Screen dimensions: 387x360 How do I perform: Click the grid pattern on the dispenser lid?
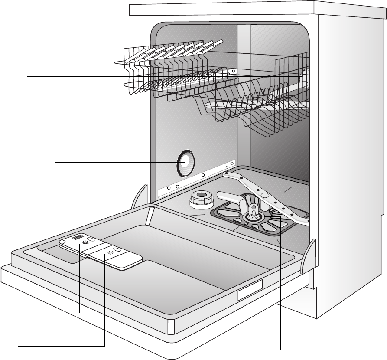pos(78,238)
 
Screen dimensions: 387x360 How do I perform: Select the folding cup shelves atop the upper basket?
pos(173,52)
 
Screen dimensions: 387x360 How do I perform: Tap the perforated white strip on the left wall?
pos(195,178)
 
